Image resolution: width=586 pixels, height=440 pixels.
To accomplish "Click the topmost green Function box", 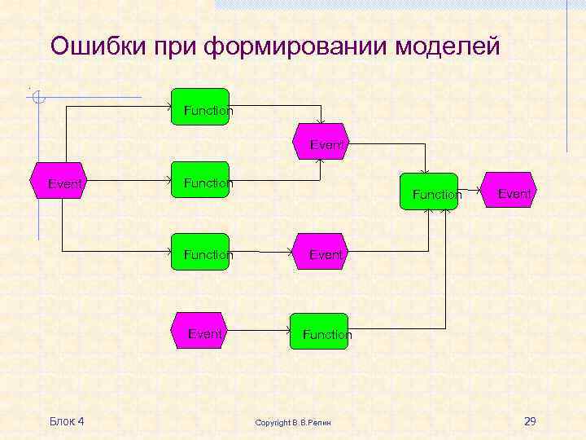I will click(200, 107).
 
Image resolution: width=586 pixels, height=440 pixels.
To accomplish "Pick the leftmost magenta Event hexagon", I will click(59, 183).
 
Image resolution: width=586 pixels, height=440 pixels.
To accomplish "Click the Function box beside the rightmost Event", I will click(429, 192).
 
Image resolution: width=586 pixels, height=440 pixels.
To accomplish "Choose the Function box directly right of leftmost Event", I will click(200, 182).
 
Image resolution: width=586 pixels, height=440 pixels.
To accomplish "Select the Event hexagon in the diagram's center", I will click(321, 253).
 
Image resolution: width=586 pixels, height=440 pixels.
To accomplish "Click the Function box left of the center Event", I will click(200, 253).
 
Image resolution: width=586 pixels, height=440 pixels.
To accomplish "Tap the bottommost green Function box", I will click(321, 332).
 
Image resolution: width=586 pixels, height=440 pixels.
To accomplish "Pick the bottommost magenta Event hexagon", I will click(200, 332).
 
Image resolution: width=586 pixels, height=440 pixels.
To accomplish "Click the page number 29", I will click(530, 421).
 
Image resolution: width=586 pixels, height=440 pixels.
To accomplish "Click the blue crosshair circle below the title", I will click(37, 99).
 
